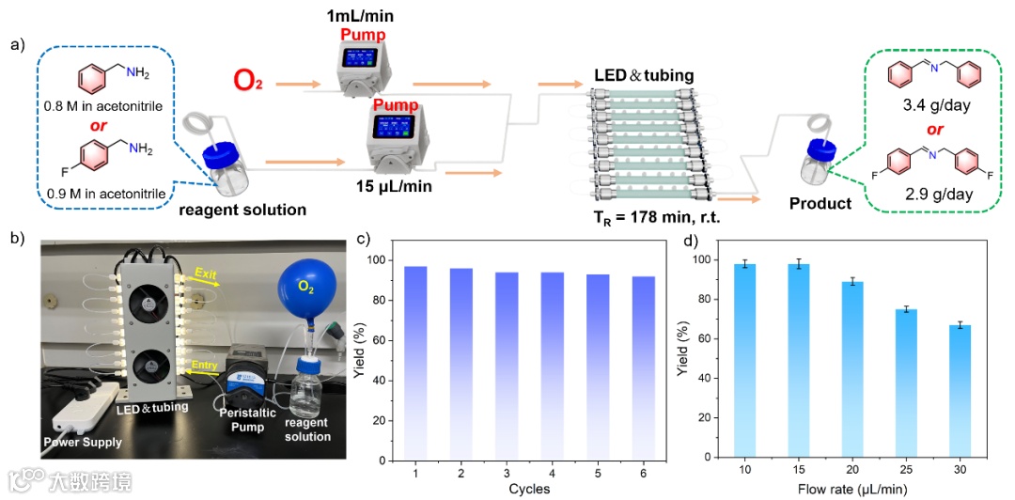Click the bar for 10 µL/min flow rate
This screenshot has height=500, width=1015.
coord(745,362)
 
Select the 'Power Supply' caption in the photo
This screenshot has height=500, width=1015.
coord(82,440)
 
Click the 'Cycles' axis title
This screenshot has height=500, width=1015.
coord(529,489)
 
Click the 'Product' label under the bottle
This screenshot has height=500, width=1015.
coord(820,203)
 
